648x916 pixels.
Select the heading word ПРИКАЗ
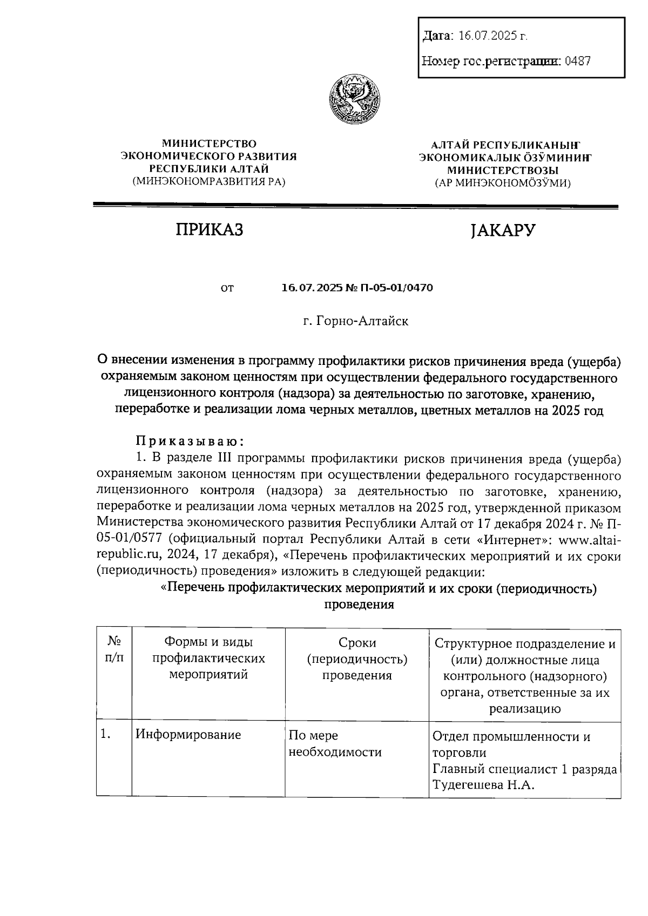click(x=210, y=230)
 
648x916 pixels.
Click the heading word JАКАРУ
click(x=502, y=230)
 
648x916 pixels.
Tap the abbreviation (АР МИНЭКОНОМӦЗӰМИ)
click(x=503, y=183)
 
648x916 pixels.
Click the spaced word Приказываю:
click(x=190, y=442)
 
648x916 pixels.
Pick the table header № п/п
click(x=114, y=649)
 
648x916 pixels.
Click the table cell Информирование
click(x=188, y=735)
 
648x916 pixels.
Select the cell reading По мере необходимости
click(x=335, y=743)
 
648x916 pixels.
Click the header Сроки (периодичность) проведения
click(x=357, y=659)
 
